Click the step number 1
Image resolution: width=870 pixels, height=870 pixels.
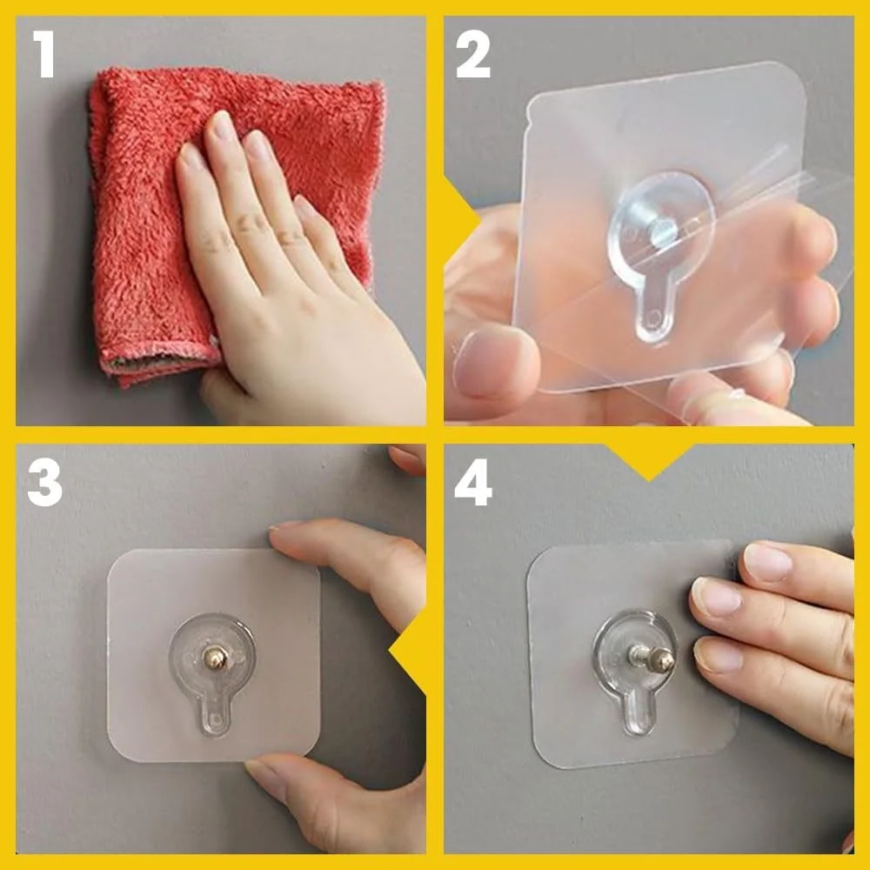click(x=43, y=54)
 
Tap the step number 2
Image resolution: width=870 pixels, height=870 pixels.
click(x=472, y=54)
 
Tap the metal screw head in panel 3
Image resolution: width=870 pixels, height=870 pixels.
click(x=215, y=658)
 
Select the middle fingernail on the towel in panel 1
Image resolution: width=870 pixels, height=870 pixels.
click(x=224, y=126)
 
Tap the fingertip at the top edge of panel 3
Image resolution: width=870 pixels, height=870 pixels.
click(x=406, y=458)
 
